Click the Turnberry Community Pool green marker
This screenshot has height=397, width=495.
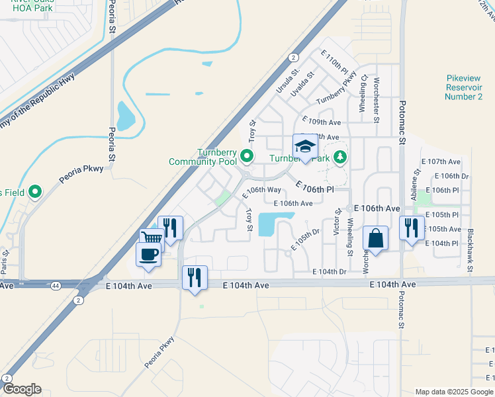(x=247, y=157)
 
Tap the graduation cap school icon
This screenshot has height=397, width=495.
(x=306, y=146)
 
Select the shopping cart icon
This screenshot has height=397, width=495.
(x=151, y=239)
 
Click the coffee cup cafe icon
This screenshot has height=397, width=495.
(x=148, y=254)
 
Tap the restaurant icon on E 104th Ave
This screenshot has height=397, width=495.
(x=195, y=276)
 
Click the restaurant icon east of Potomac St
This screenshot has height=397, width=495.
(x=412, y=229)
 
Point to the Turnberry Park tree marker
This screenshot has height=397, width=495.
(x=340, y=157)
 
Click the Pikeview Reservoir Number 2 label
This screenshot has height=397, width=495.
(x=464, y=87)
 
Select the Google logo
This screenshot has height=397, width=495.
(x=22, y=389)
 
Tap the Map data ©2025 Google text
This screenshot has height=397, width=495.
(x=453, y=392)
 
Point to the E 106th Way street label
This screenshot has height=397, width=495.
(x=263, y=189)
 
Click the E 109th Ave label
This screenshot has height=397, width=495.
(x=321, y=122)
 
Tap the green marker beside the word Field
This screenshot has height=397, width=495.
(x=36, y=193)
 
